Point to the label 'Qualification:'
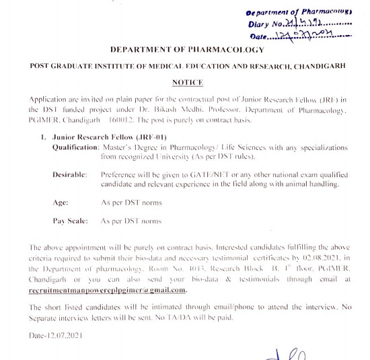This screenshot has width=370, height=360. [x=75, y=145]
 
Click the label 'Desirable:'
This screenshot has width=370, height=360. [x=70, y=174]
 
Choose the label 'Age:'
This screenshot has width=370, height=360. [x=61, y=202]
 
